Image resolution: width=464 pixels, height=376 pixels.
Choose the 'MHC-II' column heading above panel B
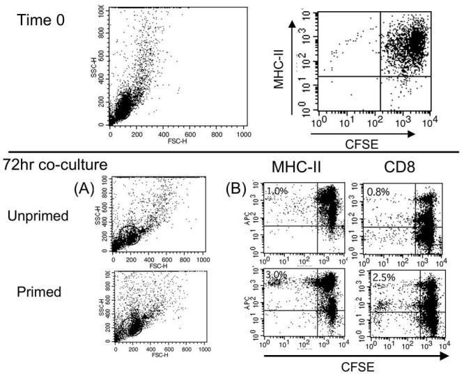302,167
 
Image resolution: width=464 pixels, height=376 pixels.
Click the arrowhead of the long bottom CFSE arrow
446,355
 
